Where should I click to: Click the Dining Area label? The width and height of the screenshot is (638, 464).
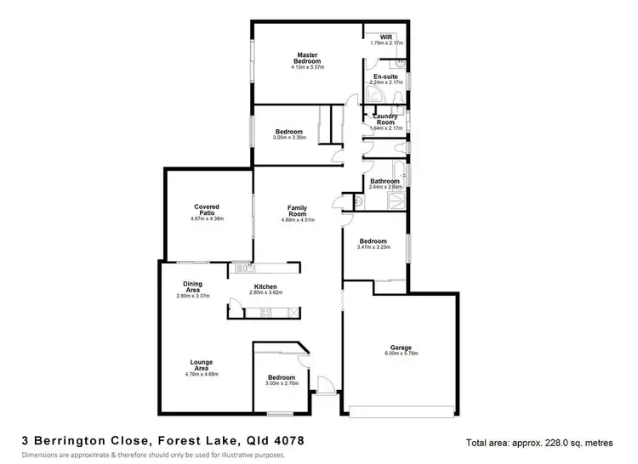point(192,287)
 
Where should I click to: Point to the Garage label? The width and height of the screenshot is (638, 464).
point(402,348)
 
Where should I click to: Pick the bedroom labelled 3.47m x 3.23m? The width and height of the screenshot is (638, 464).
point(373,242)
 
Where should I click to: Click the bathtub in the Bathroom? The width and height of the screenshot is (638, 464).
point(396,201)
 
